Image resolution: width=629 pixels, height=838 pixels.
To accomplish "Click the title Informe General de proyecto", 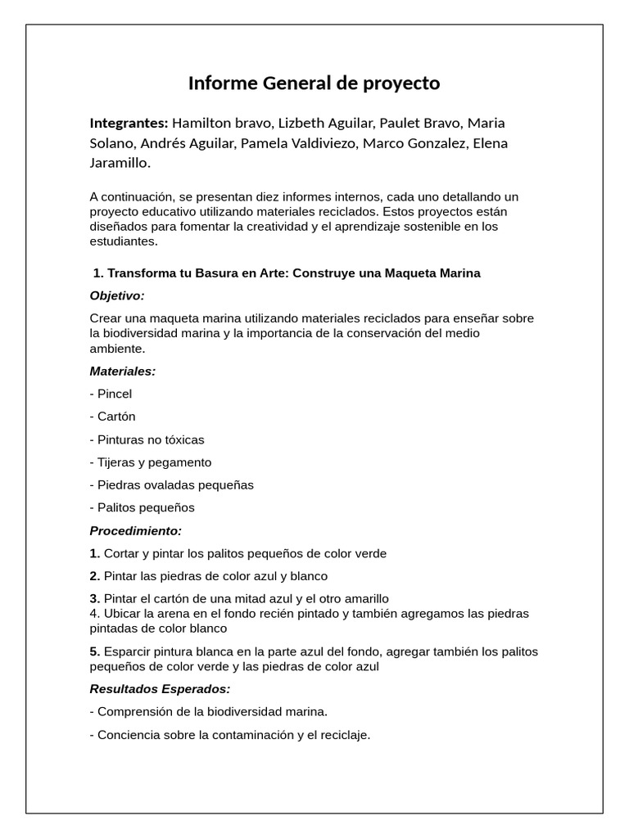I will pos(314,83).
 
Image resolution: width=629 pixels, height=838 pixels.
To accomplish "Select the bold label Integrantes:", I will pos(129,123).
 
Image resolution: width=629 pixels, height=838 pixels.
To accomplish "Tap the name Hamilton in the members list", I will pos(201,123).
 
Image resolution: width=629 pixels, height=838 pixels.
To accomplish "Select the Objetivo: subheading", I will pos(117,295).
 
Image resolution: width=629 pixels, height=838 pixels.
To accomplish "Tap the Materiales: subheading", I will pos(122,371).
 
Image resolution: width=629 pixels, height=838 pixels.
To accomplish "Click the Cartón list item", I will pos(115,417).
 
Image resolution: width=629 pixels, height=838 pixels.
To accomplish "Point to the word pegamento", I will pos(178,462).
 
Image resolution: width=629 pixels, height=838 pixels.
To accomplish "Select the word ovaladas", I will pos(169,484).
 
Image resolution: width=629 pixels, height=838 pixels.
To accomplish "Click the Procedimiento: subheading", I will pos(136,530).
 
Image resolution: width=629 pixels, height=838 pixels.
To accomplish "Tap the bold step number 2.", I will pos(94,576).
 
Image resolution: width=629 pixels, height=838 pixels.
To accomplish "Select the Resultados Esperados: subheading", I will pos(160,688).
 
